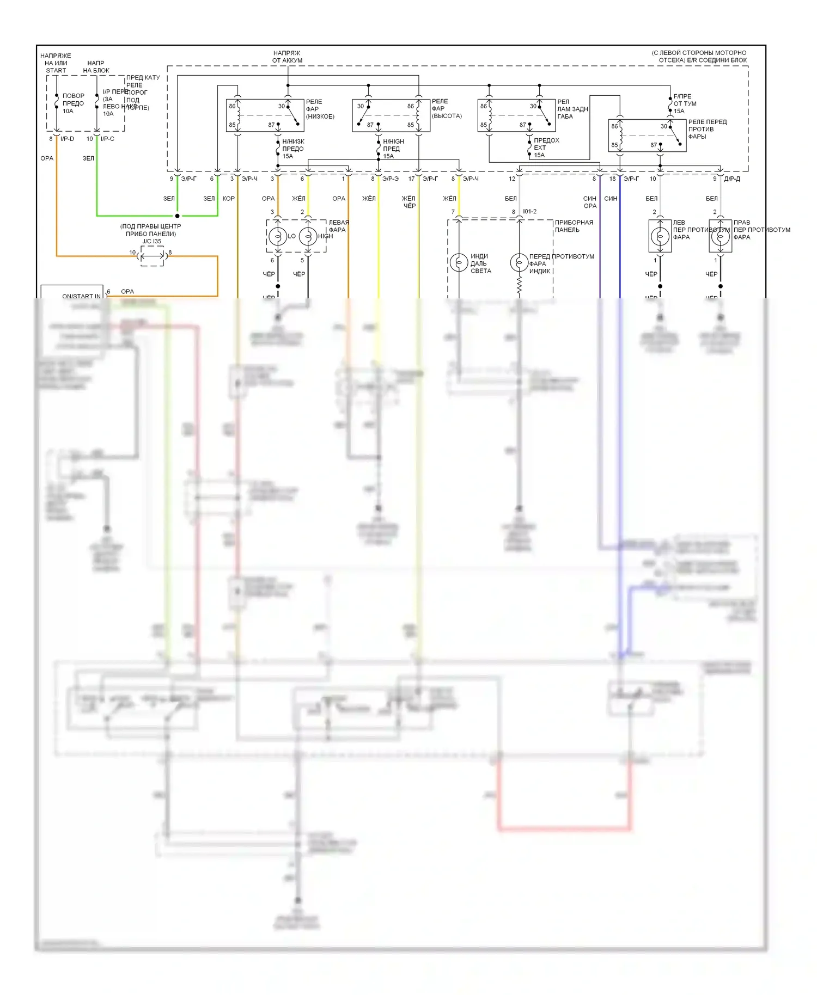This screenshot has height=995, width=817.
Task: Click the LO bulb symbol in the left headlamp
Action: point(278,236)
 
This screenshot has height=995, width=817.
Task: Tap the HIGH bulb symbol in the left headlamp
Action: point(308,236)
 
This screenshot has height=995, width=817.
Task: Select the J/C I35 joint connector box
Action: point(153,256)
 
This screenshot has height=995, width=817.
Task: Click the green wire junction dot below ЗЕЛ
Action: point(177,216)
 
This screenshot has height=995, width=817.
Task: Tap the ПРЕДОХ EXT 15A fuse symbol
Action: point(529,148)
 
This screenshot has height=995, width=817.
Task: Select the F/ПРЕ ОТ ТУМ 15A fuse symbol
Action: point(670,103)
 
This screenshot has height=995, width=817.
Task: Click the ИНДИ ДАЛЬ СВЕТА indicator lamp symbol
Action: point(459,262)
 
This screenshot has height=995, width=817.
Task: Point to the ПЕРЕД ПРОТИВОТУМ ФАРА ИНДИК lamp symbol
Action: point(519,262)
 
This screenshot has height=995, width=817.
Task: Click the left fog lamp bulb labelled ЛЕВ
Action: point(660,236)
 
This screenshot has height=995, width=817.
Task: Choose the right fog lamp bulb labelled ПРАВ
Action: point(720,236)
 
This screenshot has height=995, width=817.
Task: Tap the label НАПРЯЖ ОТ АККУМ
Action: point(287,57)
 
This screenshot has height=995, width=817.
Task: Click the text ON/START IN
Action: point(81,296)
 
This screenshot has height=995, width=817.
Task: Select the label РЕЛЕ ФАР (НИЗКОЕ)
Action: point(320,109)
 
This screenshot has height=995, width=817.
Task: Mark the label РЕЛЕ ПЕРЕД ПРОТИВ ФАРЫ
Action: point(707,129)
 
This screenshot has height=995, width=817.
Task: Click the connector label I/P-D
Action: point(67,139)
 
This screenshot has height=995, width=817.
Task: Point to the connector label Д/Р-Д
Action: point(731,179)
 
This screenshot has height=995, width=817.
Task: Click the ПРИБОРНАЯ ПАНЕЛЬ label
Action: point(574,226)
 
